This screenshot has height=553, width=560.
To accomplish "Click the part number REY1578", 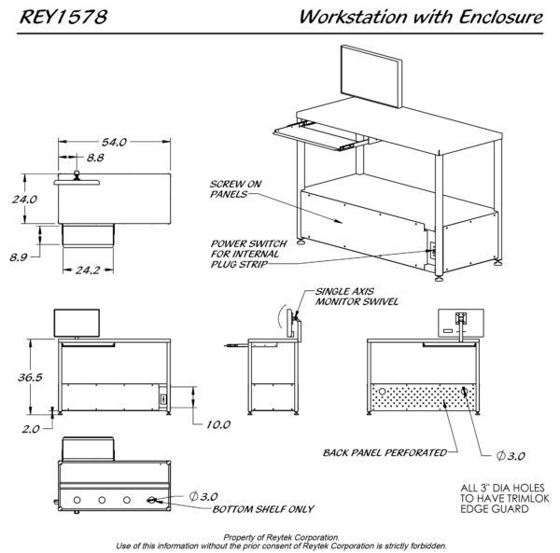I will pos(59,17).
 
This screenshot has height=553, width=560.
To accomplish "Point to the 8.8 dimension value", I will pos(94,159).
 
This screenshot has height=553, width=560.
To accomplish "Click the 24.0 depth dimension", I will pos(23,199).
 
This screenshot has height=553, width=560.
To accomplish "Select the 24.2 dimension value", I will pos(90,270).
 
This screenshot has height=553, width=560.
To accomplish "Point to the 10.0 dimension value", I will pos(217,424).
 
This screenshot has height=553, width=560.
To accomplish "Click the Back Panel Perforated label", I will pos(384,452).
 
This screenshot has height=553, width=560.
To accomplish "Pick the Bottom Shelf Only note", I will pos(263,509).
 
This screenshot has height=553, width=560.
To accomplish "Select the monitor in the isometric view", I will pos(371,73).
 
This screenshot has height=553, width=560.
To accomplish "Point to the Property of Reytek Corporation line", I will pos(280,537).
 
